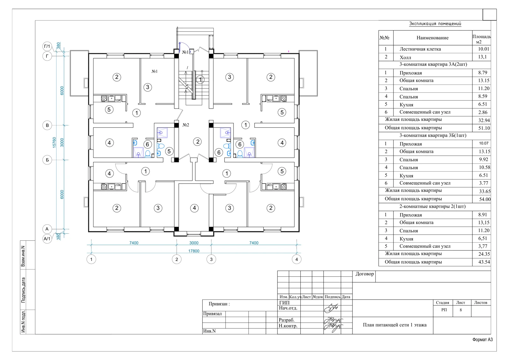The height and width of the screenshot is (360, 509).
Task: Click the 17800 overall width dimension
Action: (194, 251)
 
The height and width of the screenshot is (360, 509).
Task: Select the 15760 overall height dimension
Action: (54, 142)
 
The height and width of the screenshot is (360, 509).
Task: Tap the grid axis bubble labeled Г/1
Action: (47, 46)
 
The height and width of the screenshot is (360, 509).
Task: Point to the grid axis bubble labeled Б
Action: (47, 160)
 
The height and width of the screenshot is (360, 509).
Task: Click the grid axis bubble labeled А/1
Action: (47, 239)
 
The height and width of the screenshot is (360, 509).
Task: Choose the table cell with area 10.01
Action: (483, 49)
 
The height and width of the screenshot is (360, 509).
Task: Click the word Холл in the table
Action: (405, 57)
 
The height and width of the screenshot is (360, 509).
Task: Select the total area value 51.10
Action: (484, 128)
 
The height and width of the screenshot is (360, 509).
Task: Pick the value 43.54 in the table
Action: (484, 262)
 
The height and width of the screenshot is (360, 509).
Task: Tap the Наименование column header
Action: (432, 38)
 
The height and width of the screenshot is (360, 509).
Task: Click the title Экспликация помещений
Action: (435, 24)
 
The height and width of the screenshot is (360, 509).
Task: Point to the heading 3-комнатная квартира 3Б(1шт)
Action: (433, 136)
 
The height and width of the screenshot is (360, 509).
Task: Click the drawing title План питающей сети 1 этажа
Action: (395, 325)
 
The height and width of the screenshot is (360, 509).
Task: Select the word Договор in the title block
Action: (365, 274)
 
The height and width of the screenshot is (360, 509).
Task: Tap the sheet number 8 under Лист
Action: (461, 310)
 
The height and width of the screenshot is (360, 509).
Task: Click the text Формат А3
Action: (483, 340)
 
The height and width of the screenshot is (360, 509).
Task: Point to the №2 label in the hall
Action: (186, 125)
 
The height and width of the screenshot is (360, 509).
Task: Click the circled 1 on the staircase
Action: (200, 80)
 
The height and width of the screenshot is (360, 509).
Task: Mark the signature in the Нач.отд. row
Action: (331, 308)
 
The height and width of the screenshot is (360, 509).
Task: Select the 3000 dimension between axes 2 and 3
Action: (194, 243)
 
